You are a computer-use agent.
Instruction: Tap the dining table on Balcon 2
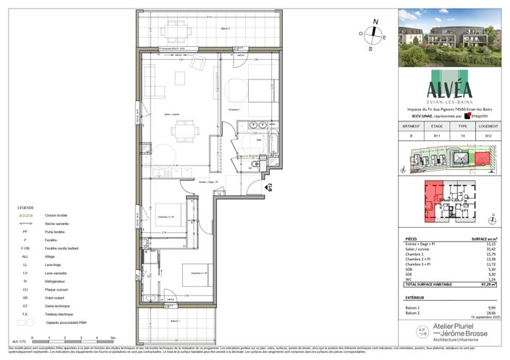coord(176,30)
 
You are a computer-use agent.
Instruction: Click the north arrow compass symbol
coord(372,33)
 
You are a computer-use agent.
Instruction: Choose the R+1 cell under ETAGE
coord(437,135)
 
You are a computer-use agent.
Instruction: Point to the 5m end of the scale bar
coord(111,338)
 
